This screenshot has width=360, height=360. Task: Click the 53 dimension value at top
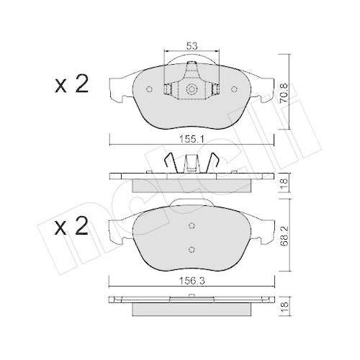click(x=192, y=46)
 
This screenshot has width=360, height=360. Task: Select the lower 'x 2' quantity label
click(x=72, y=228)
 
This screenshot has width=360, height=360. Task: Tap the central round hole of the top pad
click(x=192, y=90)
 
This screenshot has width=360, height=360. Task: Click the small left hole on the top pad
click(x=149, y=90)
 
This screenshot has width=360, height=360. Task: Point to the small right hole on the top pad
click(x=236, y=90)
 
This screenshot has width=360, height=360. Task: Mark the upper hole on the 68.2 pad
click(x=192, y=225)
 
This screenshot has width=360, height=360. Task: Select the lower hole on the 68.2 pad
click(x=192, y=250)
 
